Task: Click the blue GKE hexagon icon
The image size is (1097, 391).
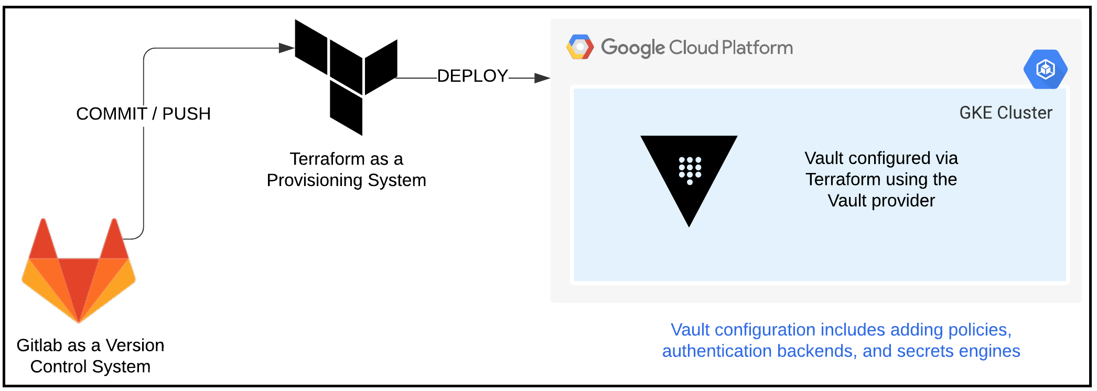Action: pyautogui.click(x=1045, y=69)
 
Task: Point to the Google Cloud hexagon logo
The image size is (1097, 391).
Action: pyautogui.click(x=580, y=47)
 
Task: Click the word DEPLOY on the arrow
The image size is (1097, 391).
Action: pyautogui.click(x=472, y=76)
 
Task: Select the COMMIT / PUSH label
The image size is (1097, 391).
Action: pyautogui.click(x=143, y=114)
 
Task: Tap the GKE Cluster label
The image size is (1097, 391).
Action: pyautogui.click(x=1005, y=113)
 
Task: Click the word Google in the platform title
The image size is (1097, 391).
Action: pyautogui.click(x=632, y=48)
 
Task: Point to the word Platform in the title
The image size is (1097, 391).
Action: pyautogui.click(x=757, y=48)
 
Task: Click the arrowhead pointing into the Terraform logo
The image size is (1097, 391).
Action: pyautogui.click(x=286, y=48)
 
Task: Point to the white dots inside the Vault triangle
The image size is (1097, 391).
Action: pyautogui.click(x=690, y=169)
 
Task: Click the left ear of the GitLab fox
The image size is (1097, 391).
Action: pyautogui.click(x=44, y=238)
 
